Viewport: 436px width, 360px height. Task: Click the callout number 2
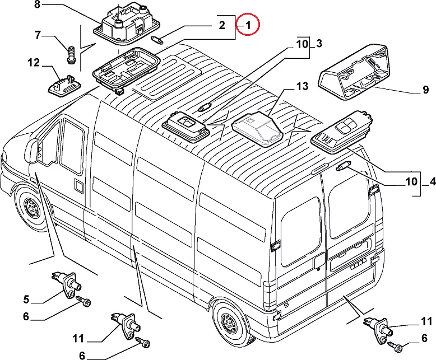[x=221, y=25]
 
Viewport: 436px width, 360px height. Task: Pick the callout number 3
[x=318, y=43]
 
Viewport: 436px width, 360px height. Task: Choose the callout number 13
[x=302, y=87]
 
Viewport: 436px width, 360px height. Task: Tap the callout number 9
[x=425, y=90]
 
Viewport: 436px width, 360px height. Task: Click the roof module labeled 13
[x=258, y=128]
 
